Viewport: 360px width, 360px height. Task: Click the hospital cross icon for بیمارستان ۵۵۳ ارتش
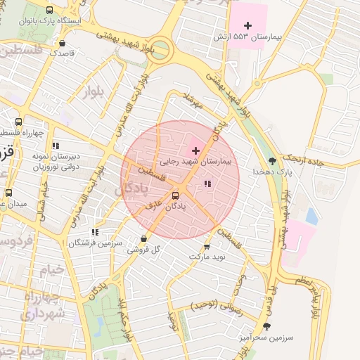[247, 25]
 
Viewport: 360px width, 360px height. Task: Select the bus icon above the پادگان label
[175, 196]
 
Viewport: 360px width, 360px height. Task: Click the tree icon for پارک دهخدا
[272, 161]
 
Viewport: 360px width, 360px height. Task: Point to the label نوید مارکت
[207, 257]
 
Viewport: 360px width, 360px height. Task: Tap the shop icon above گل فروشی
[144, 238]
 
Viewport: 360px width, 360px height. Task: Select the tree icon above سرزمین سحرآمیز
[266, 326]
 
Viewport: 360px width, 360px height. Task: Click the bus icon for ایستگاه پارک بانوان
[49, 11]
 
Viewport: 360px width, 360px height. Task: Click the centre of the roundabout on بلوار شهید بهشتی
[160, 50]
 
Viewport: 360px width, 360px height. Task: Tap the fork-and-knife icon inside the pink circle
[207, 184]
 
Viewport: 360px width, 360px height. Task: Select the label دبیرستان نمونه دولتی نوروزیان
[56, 162]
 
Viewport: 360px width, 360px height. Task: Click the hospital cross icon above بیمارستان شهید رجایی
[195, 150]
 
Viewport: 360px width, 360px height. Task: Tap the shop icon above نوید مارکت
[207, 246]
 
